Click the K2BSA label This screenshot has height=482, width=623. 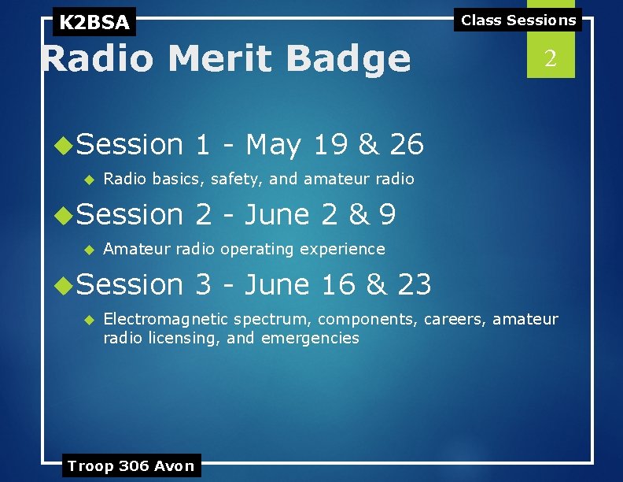(94, 22)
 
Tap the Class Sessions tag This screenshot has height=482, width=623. (518, 20)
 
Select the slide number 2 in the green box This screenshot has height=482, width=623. (551, 58)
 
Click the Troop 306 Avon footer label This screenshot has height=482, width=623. (131, 465)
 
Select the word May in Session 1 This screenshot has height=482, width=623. (274, 145)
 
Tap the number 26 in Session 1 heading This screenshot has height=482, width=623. (407, 145)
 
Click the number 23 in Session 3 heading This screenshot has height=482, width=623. (415, 284)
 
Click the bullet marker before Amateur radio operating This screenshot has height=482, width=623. (89, 250)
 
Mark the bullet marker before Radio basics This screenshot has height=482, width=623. (89, 180)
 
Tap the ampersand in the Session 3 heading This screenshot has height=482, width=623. (377, 284)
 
